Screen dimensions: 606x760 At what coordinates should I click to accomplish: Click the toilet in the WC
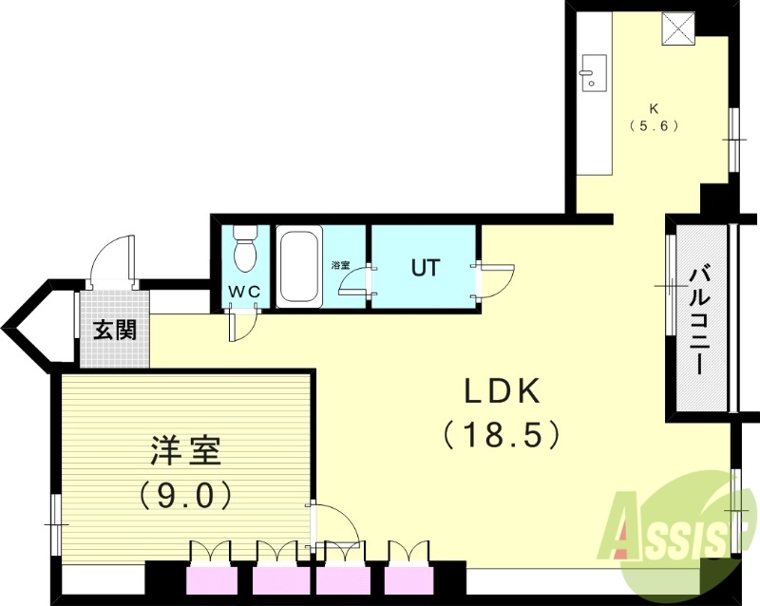245,249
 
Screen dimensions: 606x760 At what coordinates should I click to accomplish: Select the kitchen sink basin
593,70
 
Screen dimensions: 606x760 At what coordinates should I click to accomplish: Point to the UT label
425,267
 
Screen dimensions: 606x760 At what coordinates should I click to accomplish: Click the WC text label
244,293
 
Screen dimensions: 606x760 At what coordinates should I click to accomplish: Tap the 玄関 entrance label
114,330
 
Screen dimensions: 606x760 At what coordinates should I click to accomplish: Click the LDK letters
502,389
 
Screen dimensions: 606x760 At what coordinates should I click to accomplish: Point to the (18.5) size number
503,435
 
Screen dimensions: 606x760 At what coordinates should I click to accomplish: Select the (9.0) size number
186,494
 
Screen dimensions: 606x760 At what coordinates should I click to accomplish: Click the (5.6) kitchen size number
654,124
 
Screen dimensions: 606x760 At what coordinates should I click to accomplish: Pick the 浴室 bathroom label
340,264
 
